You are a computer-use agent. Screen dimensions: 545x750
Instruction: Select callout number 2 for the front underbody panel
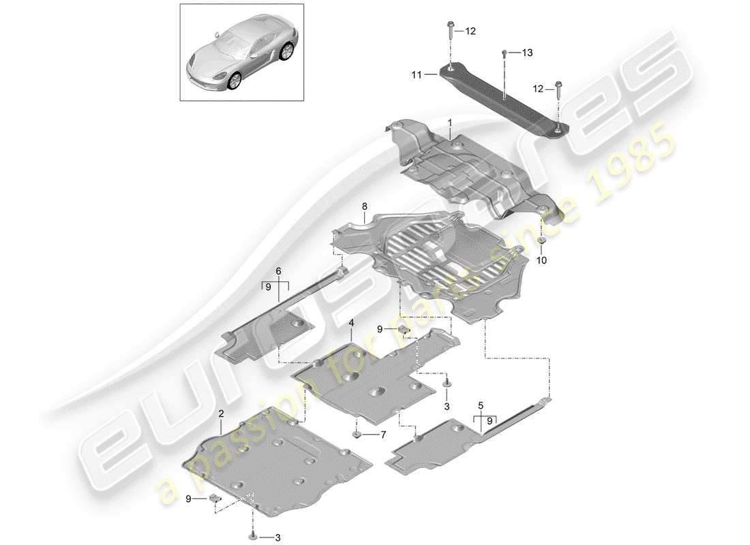(x=221, y=414)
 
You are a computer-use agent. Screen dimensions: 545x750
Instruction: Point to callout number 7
(x=383, y=434)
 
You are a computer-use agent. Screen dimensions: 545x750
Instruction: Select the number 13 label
(x=526, y=52)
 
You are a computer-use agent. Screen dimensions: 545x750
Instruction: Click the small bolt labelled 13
(x=504, y=52)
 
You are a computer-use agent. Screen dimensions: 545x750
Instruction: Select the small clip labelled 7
(x=357, y=433)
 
